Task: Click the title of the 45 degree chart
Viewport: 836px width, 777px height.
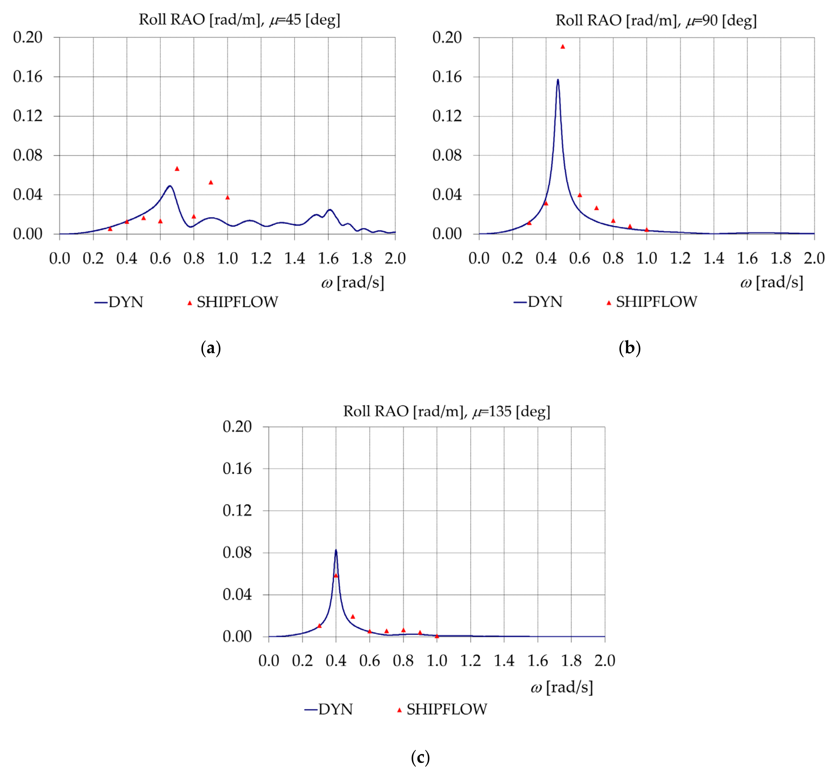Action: coord(240,20)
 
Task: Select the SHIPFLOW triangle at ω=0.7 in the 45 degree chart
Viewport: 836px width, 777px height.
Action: coord(177,168)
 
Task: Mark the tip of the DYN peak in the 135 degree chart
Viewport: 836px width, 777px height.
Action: coord(336,550)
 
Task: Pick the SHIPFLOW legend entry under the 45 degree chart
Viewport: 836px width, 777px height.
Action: coord(233,302)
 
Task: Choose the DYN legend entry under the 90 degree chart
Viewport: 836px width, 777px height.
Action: coord(538,302)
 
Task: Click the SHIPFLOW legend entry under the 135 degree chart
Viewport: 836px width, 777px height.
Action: coord(442,709)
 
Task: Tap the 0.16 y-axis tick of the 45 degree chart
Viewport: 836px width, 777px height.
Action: coord(28,77)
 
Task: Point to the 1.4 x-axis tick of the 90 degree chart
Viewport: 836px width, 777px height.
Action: coord(714,258)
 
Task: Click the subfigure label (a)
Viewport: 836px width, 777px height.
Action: coord(211,348)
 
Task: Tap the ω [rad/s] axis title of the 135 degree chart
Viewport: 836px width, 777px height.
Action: coord(562,687)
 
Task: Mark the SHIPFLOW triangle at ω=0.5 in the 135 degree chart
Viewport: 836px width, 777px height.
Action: coord(353,616)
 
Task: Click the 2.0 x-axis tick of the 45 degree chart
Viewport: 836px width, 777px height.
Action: coord(395,258)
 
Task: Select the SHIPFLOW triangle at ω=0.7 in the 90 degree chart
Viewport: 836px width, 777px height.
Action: coord(596,208)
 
